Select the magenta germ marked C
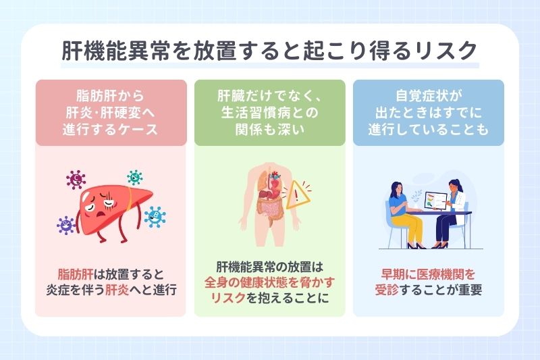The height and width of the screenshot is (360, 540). [76, 180]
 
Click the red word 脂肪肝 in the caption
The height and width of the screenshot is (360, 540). [76, 275]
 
